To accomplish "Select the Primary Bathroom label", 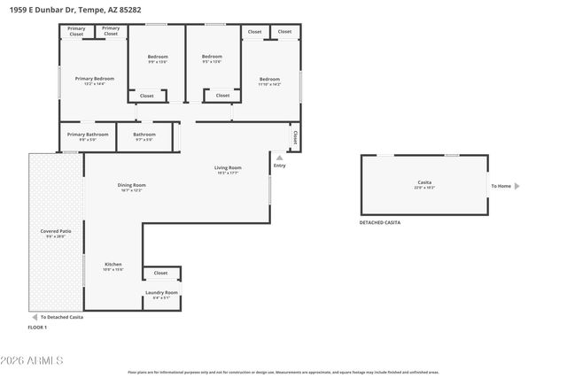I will coord(88,135).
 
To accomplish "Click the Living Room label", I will coord(228,167).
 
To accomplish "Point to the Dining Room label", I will coord(131,185).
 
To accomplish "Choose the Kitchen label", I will coord(113,265).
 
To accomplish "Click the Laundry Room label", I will coord(161,292).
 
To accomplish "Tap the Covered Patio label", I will coord(55,231).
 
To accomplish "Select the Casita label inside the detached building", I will coord(424,182).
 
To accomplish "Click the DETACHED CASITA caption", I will coord(380,222).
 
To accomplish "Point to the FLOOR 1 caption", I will coord(37,328).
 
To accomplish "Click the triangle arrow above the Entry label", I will coord(280,158).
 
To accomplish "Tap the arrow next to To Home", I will coord(517,186).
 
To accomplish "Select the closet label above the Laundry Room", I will coord(160,273).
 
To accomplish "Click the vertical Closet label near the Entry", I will coord(294,137).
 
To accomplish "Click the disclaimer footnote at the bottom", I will coord(283,372).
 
